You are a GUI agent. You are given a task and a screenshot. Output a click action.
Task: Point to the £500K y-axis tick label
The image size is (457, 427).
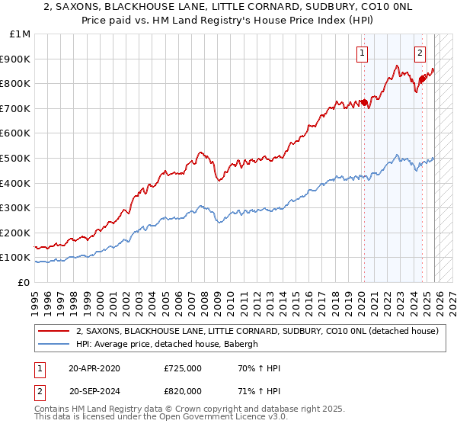coord(17,158)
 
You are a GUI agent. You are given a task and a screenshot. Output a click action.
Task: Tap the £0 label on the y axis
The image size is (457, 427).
coord(24,282)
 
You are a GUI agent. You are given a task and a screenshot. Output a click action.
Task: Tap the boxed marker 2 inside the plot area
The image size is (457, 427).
coord(420,53)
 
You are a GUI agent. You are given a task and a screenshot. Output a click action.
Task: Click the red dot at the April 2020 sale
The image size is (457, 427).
coord(363,102)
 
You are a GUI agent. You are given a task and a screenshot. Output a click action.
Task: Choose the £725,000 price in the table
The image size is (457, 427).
coord(182,368)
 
